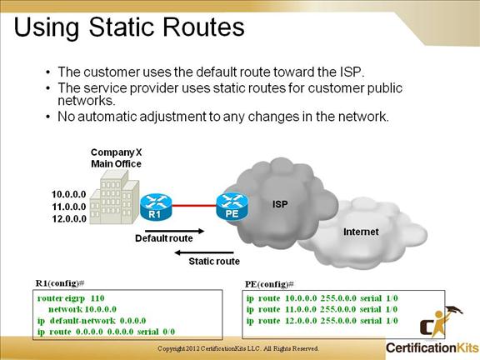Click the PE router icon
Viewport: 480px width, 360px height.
point(232,207)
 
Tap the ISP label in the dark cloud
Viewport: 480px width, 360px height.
point(280,204)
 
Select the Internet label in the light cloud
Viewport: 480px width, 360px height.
point(361,232)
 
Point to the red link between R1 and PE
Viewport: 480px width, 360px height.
point(194,205)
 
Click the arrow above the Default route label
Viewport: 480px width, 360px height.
point(174,231)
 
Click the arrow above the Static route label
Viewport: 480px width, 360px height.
point(204,252)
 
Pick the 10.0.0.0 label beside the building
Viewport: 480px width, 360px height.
point(69,194)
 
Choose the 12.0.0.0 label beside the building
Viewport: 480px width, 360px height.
point(69,219)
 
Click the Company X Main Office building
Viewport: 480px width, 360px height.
point(114,197)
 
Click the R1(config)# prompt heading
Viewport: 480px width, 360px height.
point(60,283)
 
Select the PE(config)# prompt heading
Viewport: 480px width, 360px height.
point(269,284)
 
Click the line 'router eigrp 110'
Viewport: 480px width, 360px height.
point(71,298)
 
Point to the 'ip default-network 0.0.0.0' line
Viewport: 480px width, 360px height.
point(92,321)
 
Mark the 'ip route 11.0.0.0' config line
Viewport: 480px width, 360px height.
point(322,309)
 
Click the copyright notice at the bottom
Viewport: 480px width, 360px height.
point(238,348)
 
